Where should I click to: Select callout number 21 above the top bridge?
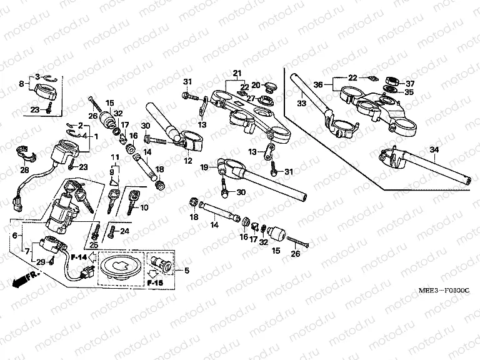237,74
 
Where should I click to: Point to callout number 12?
187,161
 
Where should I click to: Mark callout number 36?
317,84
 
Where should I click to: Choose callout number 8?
21,83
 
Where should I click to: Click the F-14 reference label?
78,257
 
